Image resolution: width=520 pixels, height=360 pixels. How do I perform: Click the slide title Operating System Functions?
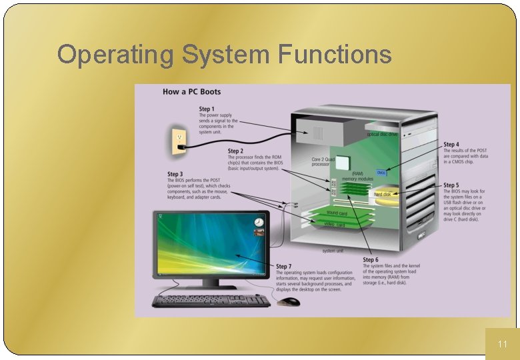(224, 54)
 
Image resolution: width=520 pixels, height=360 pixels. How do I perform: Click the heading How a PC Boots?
(191, 92)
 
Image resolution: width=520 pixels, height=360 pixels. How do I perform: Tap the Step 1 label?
(207, 109)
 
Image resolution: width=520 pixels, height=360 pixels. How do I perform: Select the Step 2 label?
(235, 151)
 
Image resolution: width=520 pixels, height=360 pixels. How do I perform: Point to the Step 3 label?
(175, 175)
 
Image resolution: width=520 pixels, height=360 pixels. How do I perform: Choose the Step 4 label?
(451, 145)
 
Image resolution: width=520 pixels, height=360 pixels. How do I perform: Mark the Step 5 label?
(451, 185)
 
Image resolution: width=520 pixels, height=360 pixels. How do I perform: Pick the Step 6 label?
(371, 259)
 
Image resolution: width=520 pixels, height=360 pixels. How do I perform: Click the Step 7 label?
(284, 267)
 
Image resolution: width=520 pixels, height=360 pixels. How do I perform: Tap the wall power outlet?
(179, 141)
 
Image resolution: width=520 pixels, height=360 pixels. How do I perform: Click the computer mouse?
(290, 302)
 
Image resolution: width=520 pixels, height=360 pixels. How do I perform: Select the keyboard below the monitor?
(211, 301)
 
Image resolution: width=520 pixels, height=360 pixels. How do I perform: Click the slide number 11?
(503, 344)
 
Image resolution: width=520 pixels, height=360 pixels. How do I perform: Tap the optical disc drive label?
(382, 134)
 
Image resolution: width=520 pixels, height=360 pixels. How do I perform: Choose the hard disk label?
(383, 195)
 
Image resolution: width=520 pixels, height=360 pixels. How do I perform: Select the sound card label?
(337, 213)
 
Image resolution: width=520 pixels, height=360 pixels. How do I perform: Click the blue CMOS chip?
(381, 173)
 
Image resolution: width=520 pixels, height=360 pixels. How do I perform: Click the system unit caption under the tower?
(333, 251)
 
